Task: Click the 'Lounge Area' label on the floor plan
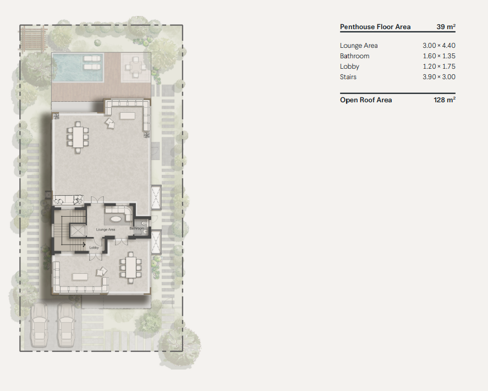105,229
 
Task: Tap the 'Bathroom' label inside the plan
137,228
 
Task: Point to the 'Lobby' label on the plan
94,248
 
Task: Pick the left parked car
39,326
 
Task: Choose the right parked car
65,326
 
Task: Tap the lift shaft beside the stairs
78,231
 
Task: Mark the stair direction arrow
83,245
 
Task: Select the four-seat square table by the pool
135,67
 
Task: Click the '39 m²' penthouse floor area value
446,27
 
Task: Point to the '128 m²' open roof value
445,100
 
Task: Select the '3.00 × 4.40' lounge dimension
439,46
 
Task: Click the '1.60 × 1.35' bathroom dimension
439,56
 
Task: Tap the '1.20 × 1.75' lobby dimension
439,67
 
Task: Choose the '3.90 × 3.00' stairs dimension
439,77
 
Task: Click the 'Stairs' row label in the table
348,77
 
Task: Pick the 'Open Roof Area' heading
366,100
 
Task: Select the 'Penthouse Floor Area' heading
375,27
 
